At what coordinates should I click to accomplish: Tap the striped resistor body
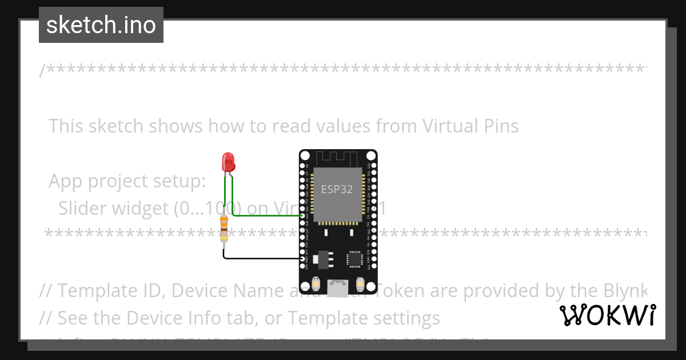pos(224,227)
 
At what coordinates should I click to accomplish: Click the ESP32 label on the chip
pos(337,189)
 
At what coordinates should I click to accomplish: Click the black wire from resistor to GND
pos(257,258)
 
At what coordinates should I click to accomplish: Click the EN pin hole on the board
pos(302,166)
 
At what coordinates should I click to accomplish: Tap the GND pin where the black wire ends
pos(302,259)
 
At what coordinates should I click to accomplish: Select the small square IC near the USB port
pos(356,259)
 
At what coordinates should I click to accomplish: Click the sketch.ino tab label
pos(101,25)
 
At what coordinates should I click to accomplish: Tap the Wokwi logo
pos(607,315)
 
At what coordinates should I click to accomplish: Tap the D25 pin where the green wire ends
pos(302,216)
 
